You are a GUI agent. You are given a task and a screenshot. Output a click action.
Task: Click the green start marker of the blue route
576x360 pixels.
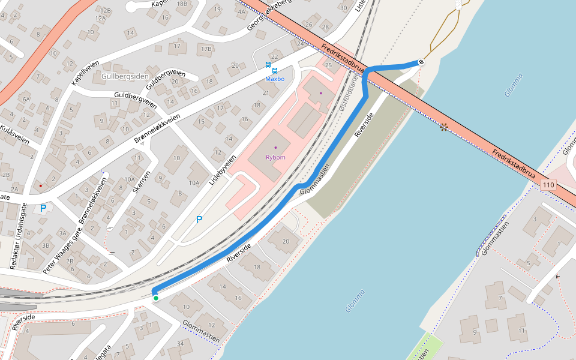(x=156, y=298)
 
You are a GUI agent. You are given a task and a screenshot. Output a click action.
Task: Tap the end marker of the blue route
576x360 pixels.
(x=421, y=62)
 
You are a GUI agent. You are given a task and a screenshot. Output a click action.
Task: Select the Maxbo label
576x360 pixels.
(x=275, y=79)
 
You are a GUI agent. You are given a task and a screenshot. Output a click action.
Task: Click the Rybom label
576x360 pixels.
(x=275, y=157)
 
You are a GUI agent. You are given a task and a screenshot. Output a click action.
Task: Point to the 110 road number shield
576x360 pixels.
(x=548, y=185)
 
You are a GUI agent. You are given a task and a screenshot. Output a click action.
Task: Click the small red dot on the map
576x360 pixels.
(x=40, y=186)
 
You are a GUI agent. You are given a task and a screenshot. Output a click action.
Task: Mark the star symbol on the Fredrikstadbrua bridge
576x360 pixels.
(x=444, y=127)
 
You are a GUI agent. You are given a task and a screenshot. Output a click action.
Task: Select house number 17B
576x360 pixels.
(x=206, y=49)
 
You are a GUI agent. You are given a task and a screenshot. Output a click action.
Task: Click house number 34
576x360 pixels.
(x=181, y=344)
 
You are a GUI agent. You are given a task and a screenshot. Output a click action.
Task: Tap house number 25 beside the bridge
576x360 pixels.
(x=328, y=64)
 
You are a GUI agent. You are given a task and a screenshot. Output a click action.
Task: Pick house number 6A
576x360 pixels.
(x=26, y=99)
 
